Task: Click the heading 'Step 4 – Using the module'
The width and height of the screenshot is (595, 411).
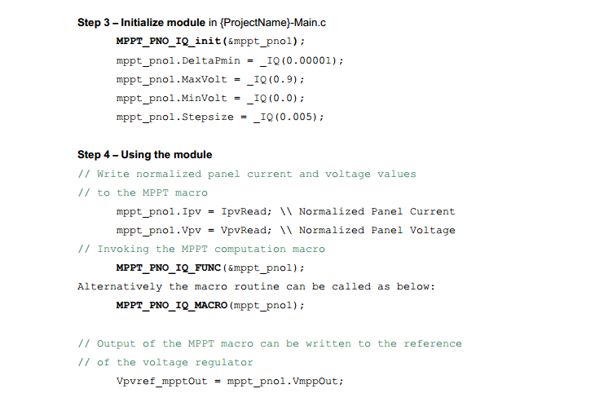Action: tap(144, 155)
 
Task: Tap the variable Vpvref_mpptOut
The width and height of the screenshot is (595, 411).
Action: tap(162, 381)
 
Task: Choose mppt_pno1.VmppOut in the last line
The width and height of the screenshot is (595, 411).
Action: tap(284, 381)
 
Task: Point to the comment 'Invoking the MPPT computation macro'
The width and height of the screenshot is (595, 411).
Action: tap(210, 249)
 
